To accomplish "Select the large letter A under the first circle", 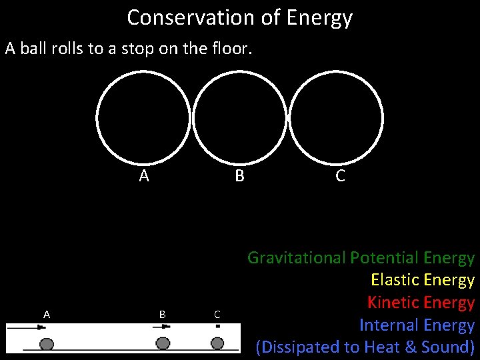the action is pyautogui.click(x=144, y=176).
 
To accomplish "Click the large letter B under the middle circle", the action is pyautogui.click(x=239, y=176).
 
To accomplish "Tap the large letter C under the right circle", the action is pyautogui.click(x=340, y=176).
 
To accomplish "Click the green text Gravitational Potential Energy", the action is pyautogui.click(x=361, y=258).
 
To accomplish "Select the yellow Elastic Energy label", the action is pyautogui.click(x=422, y=280).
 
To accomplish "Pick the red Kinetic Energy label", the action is pyautogui.click(x=421, y=303).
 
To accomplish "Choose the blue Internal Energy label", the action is pyautogui.click(x=417, y=325).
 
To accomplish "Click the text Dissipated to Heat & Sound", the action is pyautogui.click(x=365, y=347).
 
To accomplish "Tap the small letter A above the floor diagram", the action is pyautogui.click(x=47, y=313).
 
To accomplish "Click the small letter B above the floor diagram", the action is pyautogui.click(x=163, y=313).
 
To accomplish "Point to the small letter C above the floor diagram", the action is pyautogui.click(x=217, y=313).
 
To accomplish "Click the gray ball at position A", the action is pyautogui.click(x=47, y=343).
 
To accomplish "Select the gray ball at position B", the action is pyautogui.click(x=163, y=343).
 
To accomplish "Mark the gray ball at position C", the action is pyautogui.click(x=217, y=343).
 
